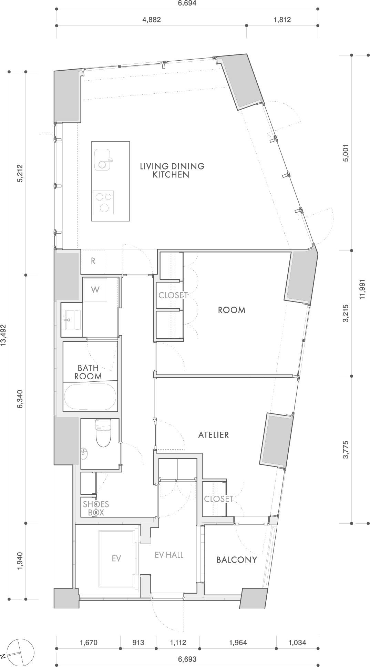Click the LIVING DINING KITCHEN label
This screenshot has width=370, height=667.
pos(172,170)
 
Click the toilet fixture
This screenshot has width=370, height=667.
pos(103,433)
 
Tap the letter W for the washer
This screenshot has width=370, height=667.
pos(95,289)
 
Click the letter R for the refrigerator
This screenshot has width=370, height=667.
pos(93,261)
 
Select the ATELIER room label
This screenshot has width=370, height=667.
pos(213,435)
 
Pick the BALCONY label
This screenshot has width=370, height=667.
pos(237,560)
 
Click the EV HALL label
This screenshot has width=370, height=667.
pos(169,555)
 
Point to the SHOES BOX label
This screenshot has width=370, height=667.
pos(96,508)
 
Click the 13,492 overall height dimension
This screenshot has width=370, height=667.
pos(3,334)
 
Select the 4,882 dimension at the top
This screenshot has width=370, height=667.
pos(152,20)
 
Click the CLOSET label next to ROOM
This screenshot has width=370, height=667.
pos(173,295)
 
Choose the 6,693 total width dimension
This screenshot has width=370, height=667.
pos(187,659)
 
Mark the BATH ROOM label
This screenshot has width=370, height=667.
pos(88,372)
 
